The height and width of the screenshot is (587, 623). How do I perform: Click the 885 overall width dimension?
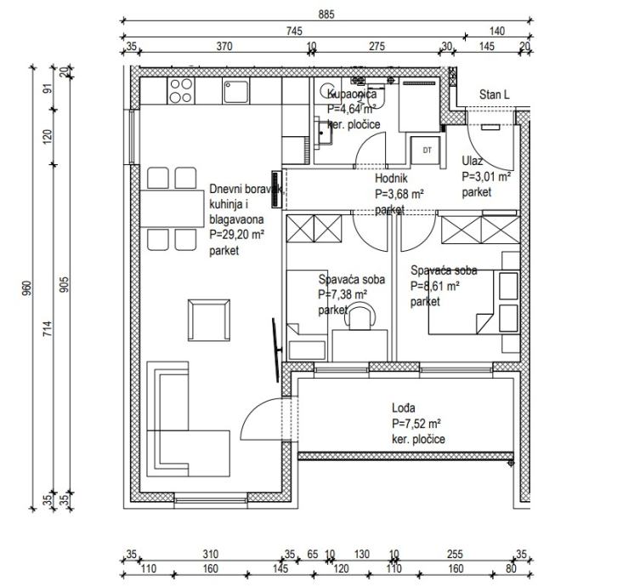point(326,14)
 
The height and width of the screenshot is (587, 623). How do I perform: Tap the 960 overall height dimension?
point(26,288)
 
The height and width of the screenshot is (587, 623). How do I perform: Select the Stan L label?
point(495,94)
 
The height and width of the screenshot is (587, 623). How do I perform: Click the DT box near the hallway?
point(427,151)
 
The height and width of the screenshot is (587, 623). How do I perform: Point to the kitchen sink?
point(236,91)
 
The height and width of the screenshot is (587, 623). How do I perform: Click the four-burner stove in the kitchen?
point(181,91)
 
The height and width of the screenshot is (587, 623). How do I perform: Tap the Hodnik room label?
point(391,179)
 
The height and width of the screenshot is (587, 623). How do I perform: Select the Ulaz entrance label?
point(472,161)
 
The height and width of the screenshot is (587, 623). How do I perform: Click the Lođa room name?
point(404,408)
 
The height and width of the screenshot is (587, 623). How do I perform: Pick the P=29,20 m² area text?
point(237,235)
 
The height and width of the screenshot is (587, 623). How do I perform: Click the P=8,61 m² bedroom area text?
point(435,286)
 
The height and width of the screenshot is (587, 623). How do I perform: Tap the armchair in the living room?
point(209,320)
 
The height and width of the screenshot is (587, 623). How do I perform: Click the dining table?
point(172,208)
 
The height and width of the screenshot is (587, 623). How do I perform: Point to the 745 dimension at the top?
point(294,31)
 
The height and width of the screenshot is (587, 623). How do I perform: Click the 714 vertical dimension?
point(48,328)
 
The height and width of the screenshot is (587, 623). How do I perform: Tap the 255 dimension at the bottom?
point(455,554)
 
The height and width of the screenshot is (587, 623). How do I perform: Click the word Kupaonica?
point(352,94)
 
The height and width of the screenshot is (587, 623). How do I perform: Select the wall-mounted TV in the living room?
point(276,350)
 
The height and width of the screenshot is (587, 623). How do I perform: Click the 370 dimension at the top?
point(224,47)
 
